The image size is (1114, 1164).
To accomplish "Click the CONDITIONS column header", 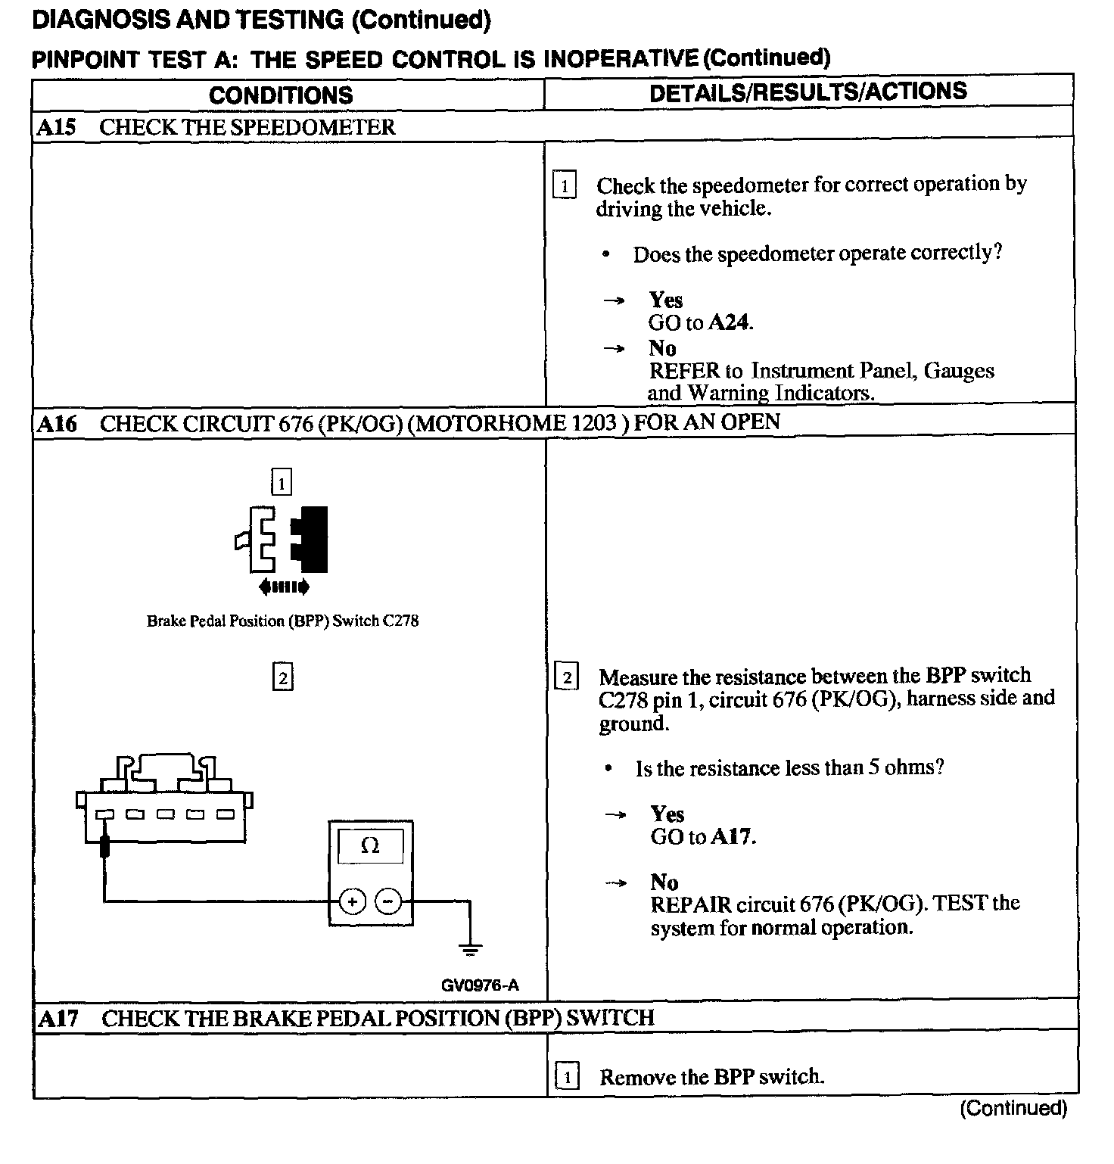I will tap(281, 95).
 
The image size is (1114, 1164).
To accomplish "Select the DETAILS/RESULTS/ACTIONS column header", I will tap(808, 92).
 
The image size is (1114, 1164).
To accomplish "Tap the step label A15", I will tap(56, 127).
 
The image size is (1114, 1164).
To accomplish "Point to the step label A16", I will tap(57, 423).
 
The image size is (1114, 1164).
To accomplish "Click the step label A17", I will tap(58, 1019).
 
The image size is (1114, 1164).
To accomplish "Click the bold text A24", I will tap(730, 323).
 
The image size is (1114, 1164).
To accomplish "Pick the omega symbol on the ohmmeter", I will tap(370, 845).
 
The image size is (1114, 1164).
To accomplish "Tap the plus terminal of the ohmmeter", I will tap(353, 901).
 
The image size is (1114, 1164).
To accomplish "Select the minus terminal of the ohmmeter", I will tap(388, 901).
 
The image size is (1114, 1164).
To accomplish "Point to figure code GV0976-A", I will tap(480, 985).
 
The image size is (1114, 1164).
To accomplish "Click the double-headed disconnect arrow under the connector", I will tap(284, 586).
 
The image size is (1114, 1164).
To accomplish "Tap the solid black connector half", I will tap(312, 539).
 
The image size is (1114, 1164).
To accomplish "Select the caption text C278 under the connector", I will tap(400, 621).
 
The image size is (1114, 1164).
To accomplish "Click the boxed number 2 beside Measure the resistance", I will tap(567, 677).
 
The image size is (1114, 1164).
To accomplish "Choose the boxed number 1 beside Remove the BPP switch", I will tap(567, 1076).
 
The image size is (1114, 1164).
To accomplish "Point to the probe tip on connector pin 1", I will tap(105, 845).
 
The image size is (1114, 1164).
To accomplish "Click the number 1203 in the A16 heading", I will tap(594, 422).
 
